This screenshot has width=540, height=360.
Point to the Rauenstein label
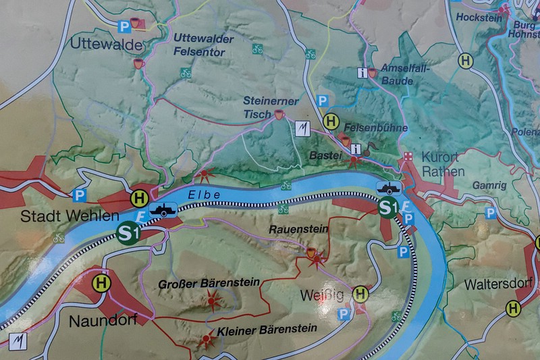[x=298, y=230]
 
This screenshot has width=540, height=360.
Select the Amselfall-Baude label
[x=404, y=75]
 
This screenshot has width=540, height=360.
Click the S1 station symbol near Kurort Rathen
[x=387, y=207]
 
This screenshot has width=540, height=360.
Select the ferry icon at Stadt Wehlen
[x=163, y=210]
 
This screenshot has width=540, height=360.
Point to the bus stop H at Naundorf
[x=101, y=283]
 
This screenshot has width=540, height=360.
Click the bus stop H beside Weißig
[x=361, y=294]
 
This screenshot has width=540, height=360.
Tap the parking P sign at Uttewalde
[x=124, y=26]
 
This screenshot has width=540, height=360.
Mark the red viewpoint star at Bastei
[x=356, y=161]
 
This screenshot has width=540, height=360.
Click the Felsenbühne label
[x=369, y=126]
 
